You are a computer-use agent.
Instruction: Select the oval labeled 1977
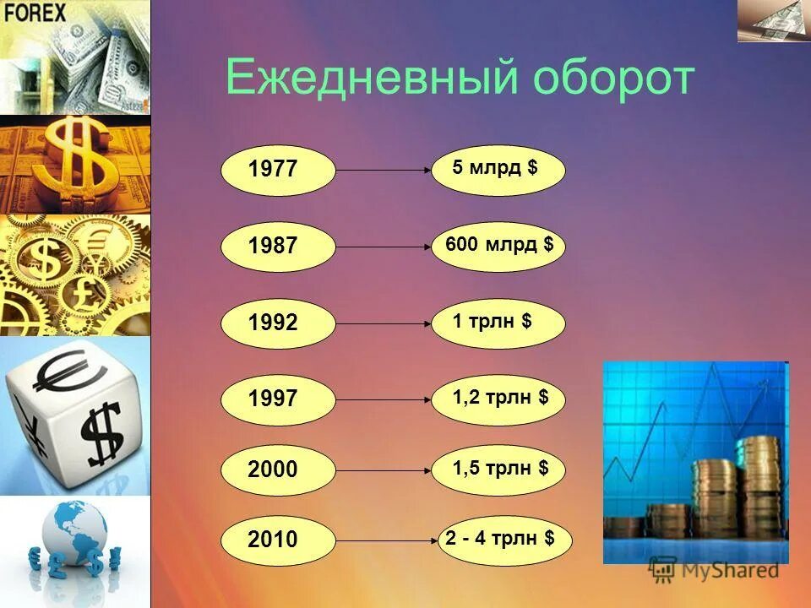click(x=278, y=170)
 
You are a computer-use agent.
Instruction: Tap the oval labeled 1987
click(x=278, y=246)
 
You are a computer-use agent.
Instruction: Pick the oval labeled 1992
click(x=278, y=323)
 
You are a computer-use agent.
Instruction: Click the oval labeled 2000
click(x=278, y=470)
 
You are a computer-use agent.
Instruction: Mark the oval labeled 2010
click(x=278, y=539)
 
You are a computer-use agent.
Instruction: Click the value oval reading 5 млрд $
click(x=498, y=170)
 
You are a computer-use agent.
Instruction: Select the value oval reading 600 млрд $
click(x=498, y=246)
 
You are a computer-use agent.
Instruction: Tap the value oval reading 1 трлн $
click(x=498, y=323)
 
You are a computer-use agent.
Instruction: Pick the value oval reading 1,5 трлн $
click(x=498, y=470)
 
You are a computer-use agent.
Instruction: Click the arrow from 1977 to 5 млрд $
click(x=384, y=170)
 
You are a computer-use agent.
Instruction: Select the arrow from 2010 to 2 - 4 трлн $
click(x=387, y=539)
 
